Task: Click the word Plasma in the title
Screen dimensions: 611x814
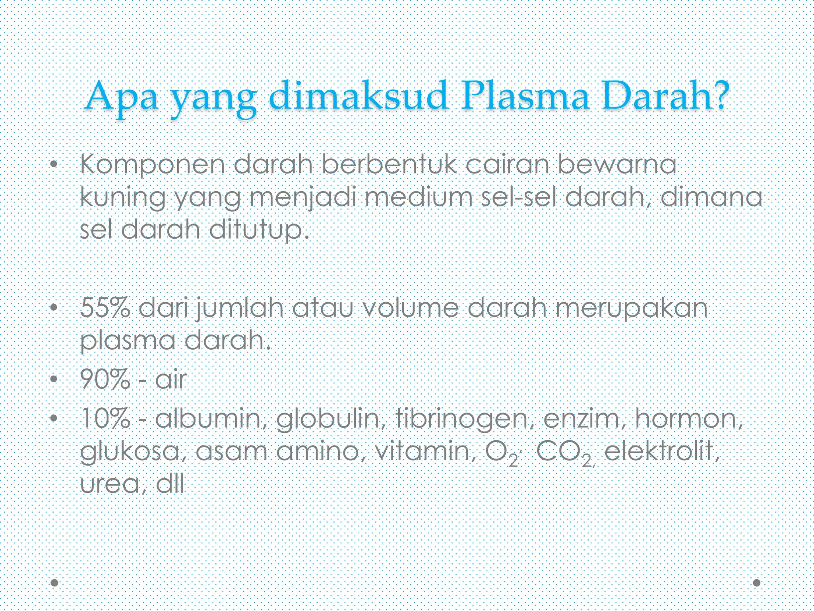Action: point(524,97)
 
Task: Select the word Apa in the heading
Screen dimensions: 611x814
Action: point(122,97)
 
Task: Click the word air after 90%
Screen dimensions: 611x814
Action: point(171,379)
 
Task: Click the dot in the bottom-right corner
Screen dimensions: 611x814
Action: point(757,583)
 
